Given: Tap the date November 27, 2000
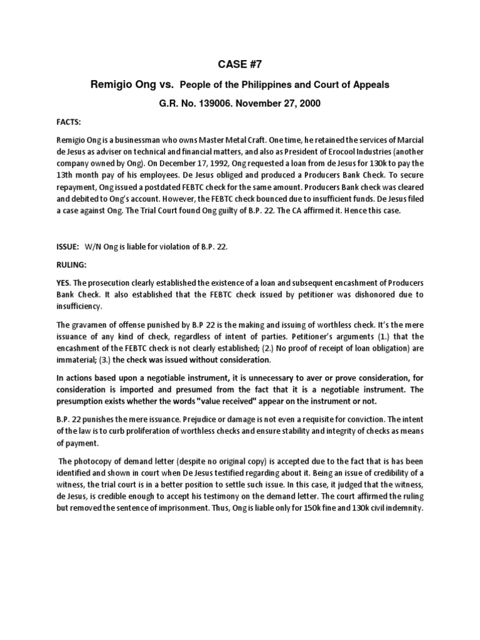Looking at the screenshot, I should click(283, 103).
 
